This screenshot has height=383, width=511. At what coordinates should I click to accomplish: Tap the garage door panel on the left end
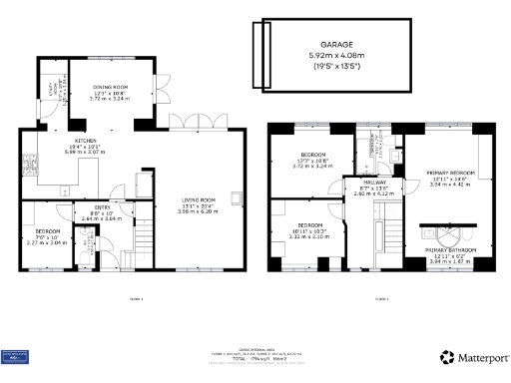click(261, 43)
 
